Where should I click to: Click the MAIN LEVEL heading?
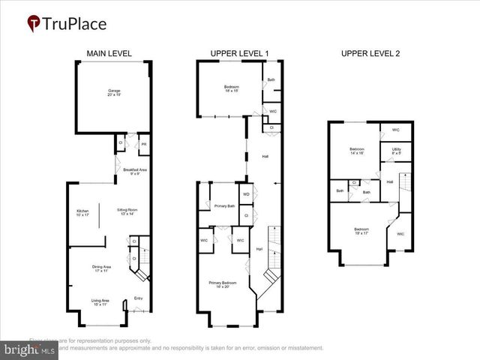click(109, 53)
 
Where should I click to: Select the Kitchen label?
click(82, 212)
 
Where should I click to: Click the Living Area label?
click(100, 302)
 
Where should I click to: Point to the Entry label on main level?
click(138, 298)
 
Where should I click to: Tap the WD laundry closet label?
click(246, 194)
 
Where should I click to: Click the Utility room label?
click(396, 150)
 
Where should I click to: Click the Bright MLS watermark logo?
click(30, 349)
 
